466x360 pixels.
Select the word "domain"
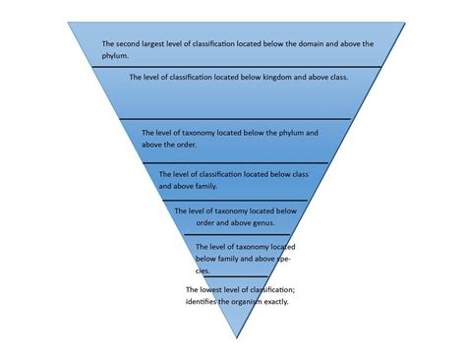320,44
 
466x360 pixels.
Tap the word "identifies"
203,301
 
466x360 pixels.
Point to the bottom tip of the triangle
237,338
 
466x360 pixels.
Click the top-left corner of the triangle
66,23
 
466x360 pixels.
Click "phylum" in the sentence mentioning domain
116,56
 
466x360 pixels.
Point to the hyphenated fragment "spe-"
282,259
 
